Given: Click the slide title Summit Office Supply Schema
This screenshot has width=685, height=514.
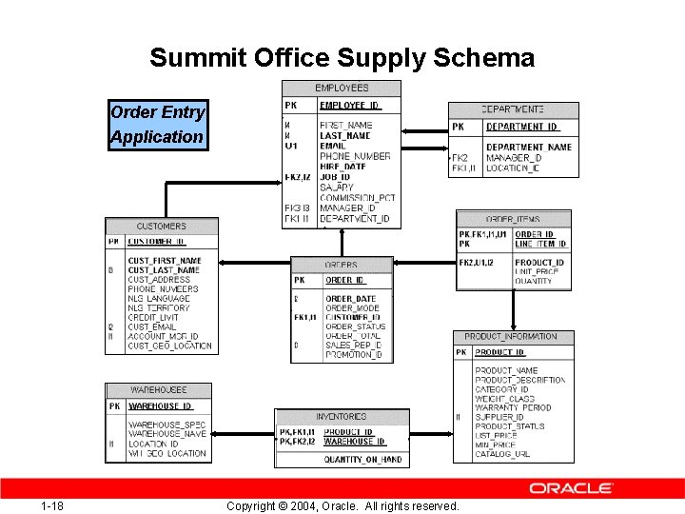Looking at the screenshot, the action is [x=342, y=58].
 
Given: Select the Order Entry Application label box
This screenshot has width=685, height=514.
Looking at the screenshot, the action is [x=157, y=125].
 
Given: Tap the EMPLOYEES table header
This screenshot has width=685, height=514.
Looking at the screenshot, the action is [x=342, y=89].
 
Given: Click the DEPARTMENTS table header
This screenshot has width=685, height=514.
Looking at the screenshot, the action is [x=513, y=110].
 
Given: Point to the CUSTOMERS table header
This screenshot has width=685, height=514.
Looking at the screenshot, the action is [x=162, y=227].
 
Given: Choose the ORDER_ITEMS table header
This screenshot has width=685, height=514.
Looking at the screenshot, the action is [x=513, y=219].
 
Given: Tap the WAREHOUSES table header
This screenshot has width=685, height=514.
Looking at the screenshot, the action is [x=158, y=390].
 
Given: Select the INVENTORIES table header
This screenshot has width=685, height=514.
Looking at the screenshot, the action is [x=341, y=417].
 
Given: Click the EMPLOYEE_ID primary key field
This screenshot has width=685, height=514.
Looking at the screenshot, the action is [x=349, y=106].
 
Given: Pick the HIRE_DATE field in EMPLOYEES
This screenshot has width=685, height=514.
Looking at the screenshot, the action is [x=343, y=167].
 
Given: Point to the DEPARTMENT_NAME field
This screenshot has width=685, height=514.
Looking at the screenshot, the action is [x=529, y=148].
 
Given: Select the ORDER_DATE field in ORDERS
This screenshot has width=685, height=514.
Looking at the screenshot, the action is [x=350, y=299].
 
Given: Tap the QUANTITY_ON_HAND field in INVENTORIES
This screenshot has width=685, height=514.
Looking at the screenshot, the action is [x=362, y=460].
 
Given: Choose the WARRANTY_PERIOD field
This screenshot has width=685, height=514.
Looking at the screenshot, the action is [x=513, y=408].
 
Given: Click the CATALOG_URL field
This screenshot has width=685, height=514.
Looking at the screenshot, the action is [x=502, y=454].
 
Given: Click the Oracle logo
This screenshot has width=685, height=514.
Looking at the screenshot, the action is [x=572, y=488].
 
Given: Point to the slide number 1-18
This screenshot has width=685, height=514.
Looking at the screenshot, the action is [x=52, y=505].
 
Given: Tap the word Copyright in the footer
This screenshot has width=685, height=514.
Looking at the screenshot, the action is [x=253, y=505].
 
